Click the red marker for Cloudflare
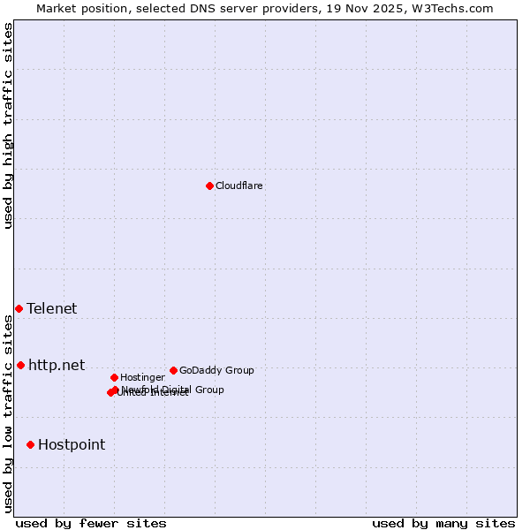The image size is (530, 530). (x=209, y=185)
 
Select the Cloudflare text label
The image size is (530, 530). (x=238, y=185)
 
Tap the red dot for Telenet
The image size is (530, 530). (x=19, y=308)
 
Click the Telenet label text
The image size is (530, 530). (x=51, y=308)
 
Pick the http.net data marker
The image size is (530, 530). (x=20, y=365)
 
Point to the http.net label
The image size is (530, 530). (x=57, y=365)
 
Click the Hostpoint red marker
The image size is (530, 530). (x=30, y=444)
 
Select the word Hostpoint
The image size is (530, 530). (x=71, y=444)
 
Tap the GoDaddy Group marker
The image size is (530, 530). (x=173, y=370)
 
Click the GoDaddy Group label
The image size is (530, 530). (x=216, y=370)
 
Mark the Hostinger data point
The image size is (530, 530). (x=114, y=377)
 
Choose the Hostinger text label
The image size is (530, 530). (x=142, y=377)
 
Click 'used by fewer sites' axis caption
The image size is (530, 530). (x=91, y=523)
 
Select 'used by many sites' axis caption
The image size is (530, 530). (x=443, y=523)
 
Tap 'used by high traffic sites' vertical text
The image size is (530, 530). (x=8, y=125)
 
